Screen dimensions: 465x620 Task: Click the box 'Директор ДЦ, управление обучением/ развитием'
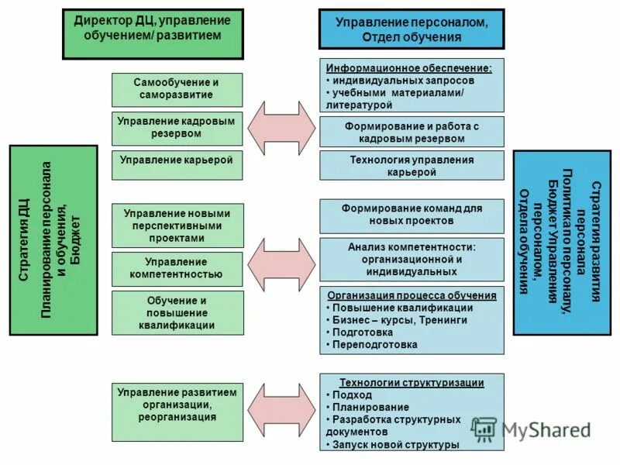pyautogui.click(x=153, y=35)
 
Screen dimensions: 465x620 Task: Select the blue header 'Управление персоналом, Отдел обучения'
pyautogui.click(x=411, y=29)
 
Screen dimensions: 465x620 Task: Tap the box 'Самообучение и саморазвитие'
pyautogui.click(x=177, y=89)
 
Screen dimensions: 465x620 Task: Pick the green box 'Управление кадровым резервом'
pyautogui.click(x=177, y=128)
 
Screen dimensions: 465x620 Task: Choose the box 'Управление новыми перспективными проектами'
pyautogui.click(x=177, y=226)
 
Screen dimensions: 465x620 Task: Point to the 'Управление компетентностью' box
pyautogui.click(x=177, y=268)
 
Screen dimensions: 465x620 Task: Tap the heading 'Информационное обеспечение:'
pyautogui.click(x=409, y=67)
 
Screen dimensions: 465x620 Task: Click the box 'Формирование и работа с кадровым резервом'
pyautogui.click(x=412, y=132)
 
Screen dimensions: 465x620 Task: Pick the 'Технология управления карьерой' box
pyautogui.click(x=412, y=166)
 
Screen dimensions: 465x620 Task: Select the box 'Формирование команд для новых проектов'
pyautogui.click(x=412, y=215)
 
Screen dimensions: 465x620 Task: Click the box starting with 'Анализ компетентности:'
pyautogui.click(x=412, y=260)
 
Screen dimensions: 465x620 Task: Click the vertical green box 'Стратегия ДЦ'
pyautogui.click(x=53, y=240)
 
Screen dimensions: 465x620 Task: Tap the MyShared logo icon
pyautogui.click(x=484, y=429)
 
